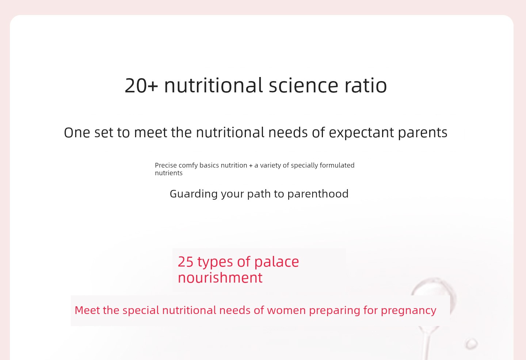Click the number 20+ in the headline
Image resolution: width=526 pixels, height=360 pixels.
(x=141, y=85)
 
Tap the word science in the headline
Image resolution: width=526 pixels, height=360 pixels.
(x=304, y=85)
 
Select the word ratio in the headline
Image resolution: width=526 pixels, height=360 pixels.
(x=366, y=85)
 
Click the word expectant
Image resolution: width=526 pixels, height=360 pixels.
(x=361, y=133)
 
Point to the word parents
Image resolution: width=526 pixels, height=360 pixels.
(x=423, y=133)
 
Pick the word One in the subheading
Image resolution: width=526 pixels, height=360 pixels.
(x=77, y=133)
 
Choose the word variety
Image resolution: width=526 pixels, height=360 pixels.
(x=270, y=165)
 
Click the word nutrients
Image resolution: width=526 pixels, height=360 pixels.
(x=169, y=173)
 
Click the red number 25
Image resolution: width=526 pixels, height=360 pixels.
(x=186, y=262)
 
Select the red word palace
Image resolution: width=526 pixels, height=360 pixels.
(x=277, y=262)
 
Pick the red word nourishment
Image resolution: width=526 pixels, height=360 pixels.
(x=220, y=278)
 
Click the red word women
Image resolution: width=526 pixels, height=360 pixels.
(x=286, y=310)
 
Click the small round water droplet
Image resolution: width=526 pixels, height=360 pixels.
(x=472, y=344)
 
